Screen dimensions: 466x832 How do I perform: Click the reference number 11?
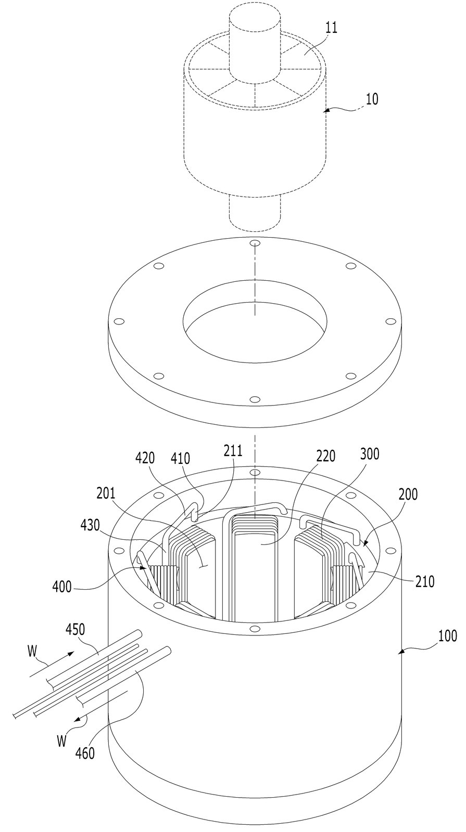coord(331,28)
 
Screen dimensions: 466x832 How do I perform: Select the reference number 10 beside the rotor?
coord(372,99)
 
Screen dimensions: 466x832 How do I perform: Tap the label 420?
coord(145,458)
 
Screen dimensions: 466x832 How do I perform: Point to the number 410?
coord(180,459)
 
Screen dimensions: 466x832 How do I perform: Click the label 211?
coord(233,451)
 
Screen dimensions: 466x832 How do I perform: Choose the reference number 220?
coord(325,456)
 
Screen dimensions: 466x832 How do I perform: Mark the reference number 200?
coord(408,495)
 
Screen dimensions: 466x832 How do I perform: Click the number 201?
coord(106,493)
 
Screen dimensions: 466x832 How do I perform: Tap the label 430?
coord(91,527)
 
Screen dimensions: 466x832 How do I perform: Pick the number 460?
coord(85,753)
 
